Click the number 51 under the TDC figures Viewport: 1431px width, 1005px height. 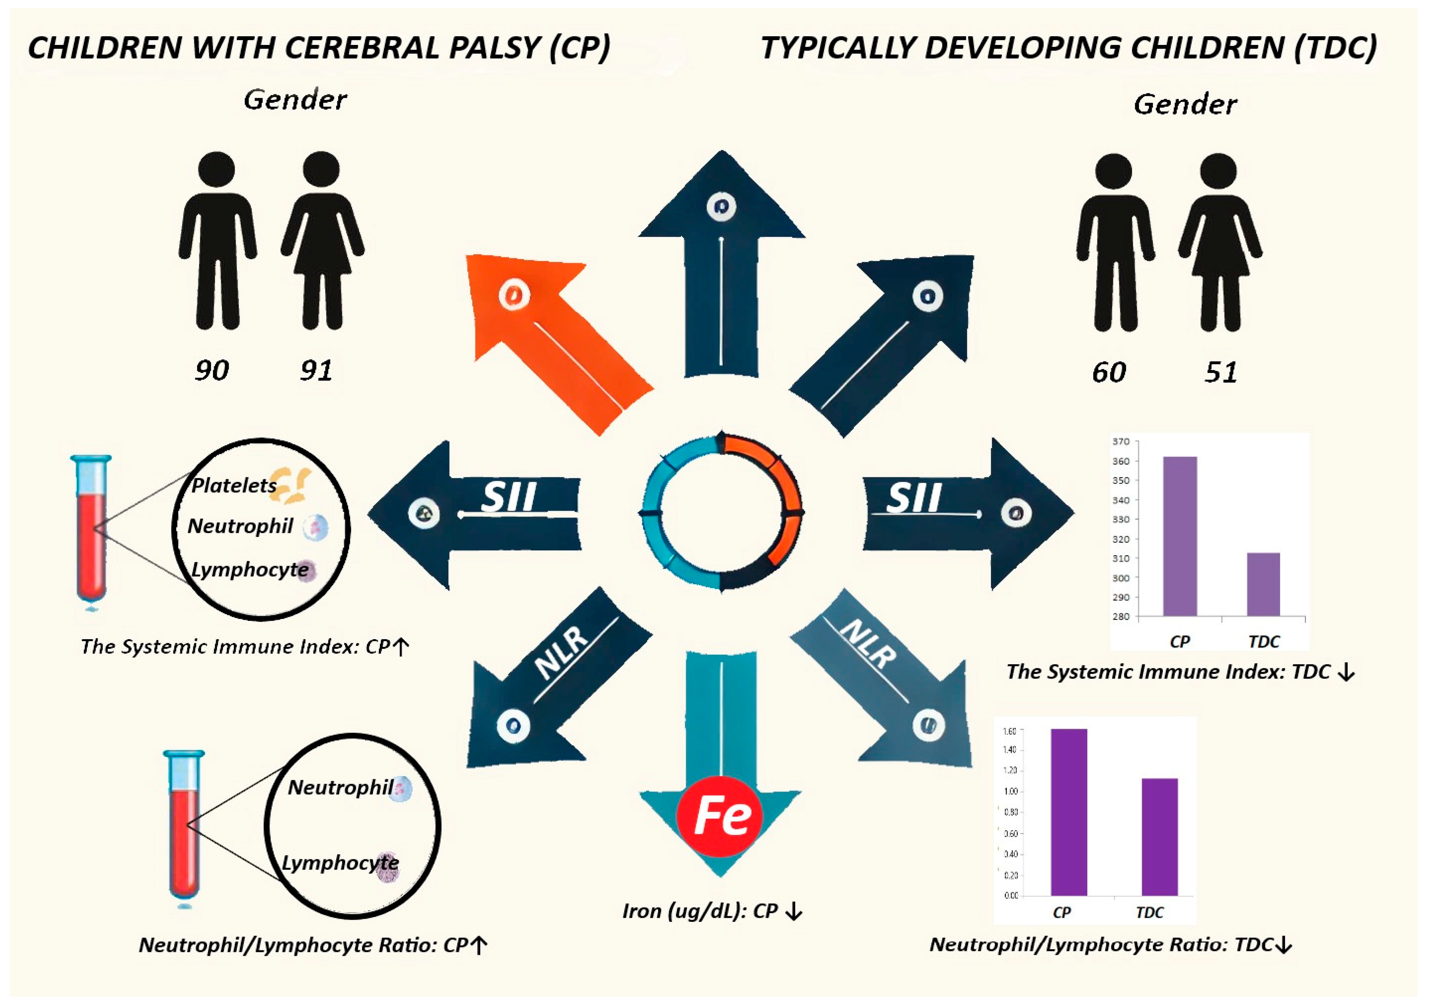(x=1220, y=372)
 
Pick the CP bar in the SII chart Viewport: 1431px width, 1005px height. (x=1180, y=536)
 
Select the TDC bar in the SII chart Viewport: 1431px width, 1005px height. (x=1263, y=584)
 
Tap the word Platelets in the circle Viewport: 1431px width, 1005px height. (x=234, y=485)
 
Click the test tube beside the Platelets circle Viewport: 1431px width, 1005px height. (x=92, y=530)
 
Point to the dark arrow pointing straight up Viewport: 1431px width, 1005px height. (x=721, y=262)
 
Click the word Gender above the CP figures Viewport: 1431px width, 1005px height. (x=295, y=100)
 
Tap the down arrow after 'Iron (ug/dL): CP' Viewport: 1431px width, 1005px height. (x=793, y=911)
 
